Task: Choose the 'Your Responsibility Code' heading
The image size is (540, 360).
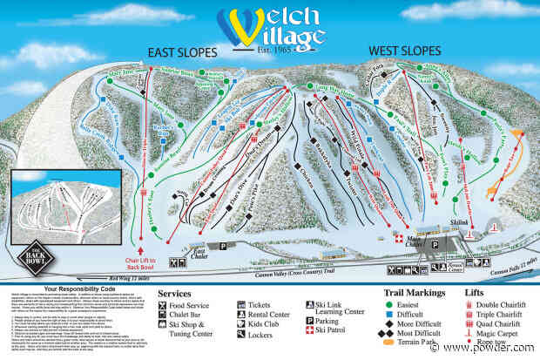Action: pyautogui.click(x=83, y=289)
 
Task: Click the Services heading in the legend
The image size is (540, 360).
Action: pyautogui.click(x=176, y=293)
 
